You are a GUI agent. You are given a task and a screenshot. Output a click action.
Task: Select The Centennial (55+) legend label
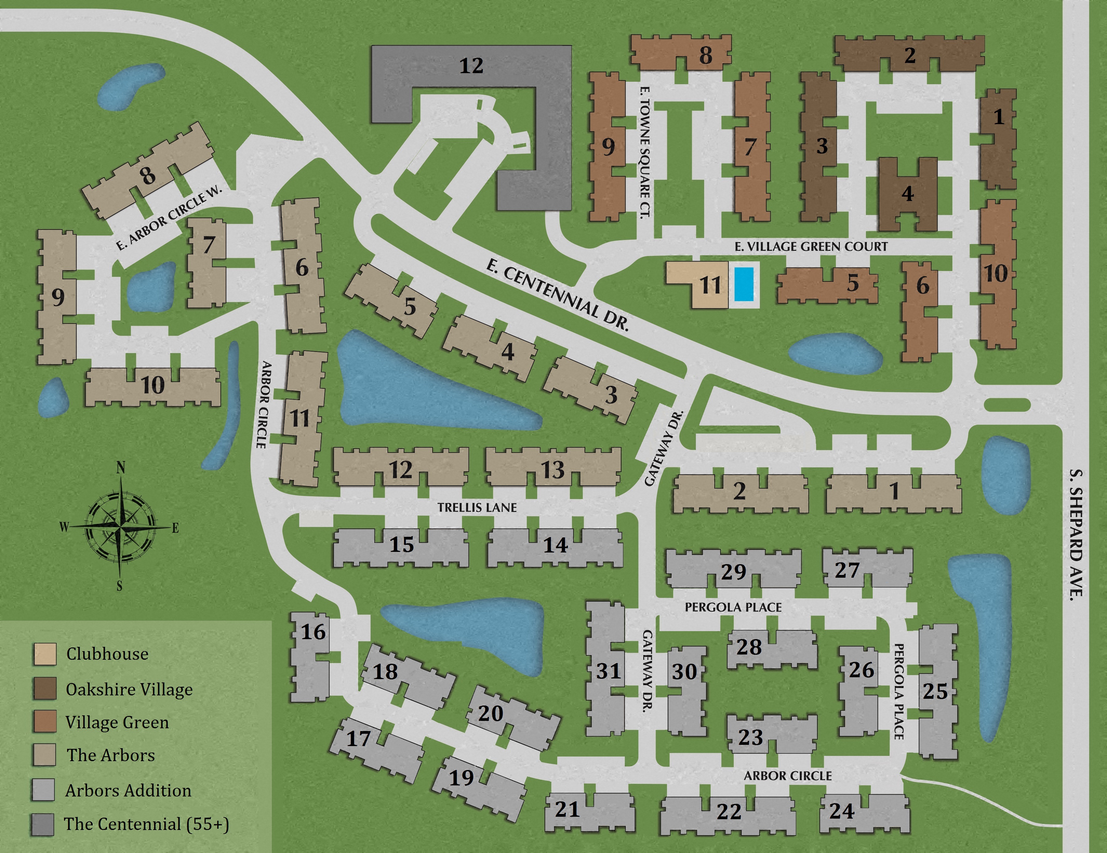[x=146, y=824]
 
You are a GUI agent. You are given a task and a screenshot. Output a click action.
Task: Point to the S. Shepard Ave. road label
[x=1076, y=534]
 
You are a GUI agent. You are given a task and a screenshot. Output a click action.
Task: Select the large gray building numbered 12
[x=471, y=66]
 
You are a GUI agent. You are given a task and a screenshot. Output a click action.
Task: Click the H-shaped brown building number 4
[x=907, y=194]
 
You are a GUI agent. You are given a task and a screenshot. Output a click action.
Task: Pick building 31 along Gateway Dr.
[x=607, y=671]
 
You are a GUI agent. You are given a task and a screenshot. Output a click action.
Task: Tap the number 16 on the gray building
[x=313, y=632]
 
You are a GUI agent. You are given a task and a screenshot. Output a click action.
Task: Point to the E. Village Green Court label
[x=811, y=247]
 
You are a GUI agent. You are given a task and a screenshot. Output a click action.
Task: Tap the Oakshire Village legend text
[x=129, y=690]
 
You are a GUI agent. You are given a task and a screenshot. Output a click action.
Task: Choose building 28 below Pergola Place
[x=749, y=647]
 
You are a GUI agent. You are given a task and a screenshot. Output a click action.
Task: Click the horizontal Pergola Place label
[x=733, y=607]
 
